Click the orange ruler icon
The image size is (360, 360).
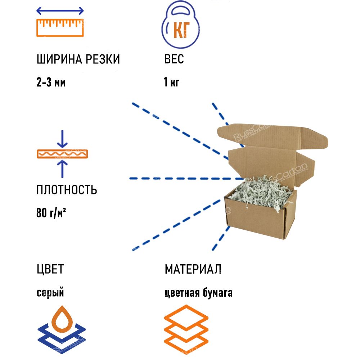click(x=60, y=27)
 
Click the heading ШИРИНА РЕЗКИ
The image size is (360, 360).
click(x=78, y=59)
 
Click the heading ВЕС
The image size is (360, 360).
click(x=174, y=59)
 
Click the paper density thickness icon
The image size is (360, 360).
click(x=62, y=154)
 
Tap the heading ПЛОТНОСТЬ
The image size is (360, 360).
click(x=67, y=190)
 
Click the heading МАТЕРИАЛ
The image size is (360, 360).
click(x=193, y=269)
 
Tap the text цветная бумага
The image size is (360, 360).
click(x=198, y=293)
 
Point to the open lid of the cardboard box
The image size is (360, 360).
click(x=274, y=137)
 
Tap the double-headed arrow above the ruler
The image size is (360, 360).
click(x=60, y=11)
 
